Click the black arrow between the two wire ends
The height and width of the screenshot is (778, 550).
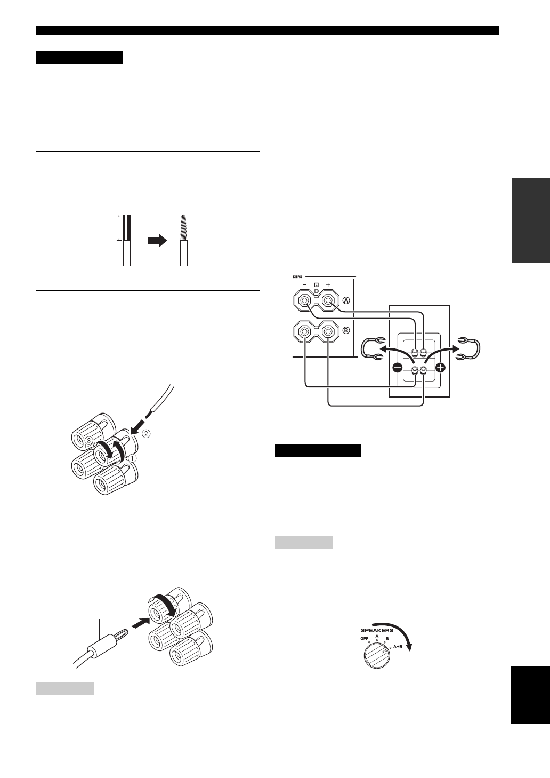pos(157,241)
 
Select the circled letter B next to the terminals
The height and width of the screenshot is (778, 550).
pos(345,330)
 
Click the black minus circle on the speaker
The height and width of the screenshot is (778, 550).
pos(397,367)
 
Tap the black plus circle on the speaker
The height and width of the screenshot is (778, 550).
pos(440,367)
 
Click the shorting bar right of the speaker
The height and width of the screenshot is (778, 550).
pos(472,348)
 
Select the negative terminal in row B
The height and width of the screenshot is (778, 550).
pos(304,332)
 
